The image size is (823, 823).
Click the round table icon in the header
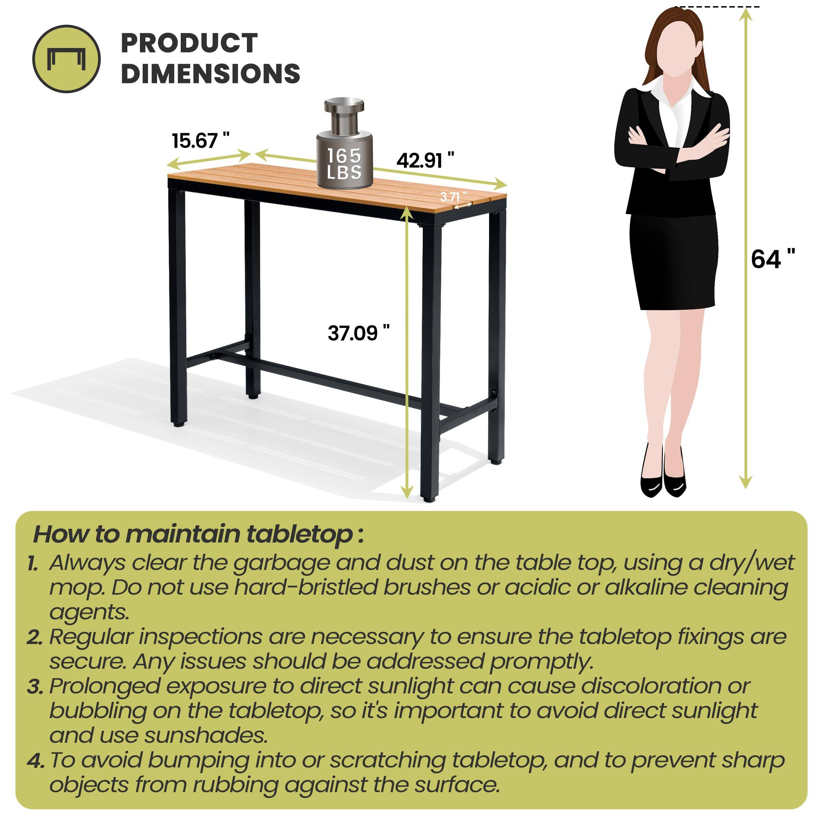coord(67,58)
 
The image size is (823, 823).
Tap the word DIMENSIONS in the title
coord(211,73)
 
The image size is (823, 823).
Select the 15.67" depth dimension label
coord(200,141)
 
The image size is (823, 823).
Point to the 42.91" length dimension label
coord(425,160)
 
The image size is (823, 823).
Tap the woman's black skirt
coord(672,262)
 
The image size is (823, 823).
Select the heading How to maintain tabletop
coord(199,534)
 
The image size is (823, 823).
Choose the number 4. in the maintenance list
coord(35,761)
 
